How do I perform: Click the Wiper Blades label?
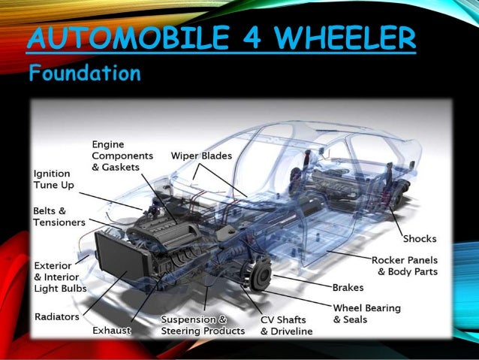tap(201, 156)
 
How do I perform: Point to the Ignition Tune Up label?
tap(52, 178)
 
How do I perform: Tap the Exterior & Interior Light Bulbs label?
tap(60, 277)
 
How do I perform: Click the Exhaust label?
tap(112, 330)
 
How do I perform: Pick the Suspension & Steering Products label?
tap(203, 325)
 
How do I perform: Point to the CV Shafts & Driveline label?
tap(288, 325)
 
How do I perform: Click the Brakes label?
tap(348, 287)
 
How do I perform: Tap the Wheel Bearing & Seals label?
tap(366, 313)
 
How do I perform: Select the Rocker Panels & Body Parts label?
tap(405, 265)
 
